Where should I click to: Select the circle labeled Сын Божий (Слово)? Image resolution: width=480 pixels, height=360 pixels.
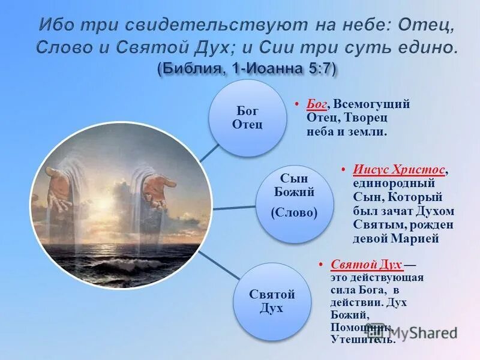pyautogui.click(x=294, y=204)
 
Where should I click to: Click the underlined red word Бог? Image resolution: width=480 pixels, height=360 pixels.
pyautogui.click(x=316, y=104)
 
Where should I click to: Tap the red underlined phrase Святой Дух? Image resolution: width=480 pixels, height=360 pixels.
pyautogui.click(x=366, y=265)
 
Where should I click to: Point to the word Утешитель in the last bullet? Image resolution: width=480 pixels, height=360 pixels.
pyautogui.click(x=362, y=340)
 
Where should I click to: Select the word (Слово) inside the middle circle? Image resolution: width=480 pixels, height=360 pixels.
pyautogui.click(x=294, y=213)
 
